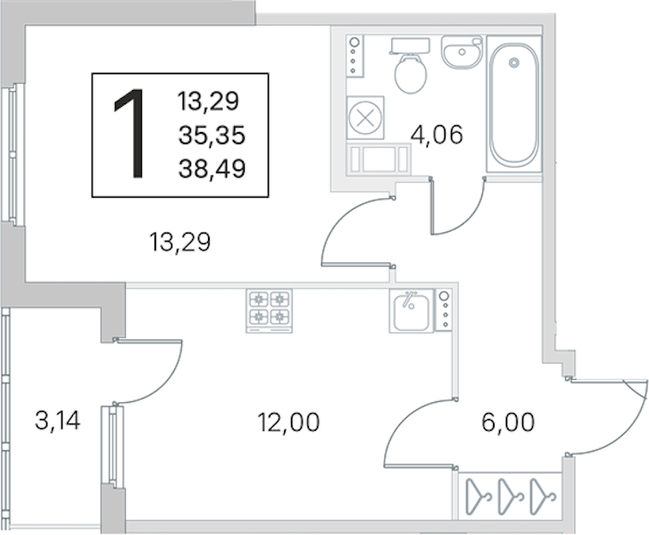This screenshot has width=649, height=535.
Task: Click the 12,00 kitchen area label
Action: pyautogui.click(x=287, y=422)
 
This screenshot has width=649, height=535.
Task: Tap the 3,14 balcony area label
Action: pyautogui.click(x=58, y=419)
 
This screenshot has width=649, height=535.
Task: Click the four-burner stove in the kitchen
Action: pyautogui.click(x=269, y=309)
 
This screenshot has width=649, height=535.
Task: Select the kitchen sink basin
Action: pyautogui.click(x=412, y=310)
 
